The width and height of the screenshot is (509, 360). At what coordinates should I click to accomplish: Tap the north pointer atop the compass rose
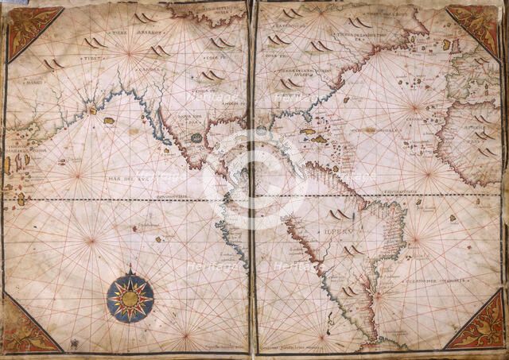point(130,269)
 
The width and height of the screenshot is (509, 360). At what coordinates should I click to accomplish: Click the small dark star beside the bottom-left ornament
point(74,343)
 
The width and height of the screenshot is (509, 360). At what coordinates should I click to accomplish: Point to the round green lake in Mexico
point(196,137)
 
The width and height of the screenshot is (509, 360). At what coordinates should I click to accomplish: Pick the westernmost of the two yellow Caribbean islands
point(307,131)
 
